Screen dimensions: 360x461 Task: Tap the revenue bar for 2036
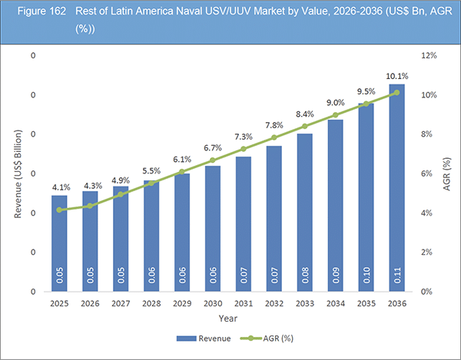396,193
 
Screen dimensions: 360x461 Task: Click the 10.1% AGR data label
397,77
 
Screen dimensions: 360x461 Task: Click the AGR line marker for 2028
151,183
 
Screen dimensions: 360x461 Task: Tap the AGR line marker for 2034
336,115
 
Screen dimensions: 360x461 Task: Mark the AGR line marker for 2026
90,206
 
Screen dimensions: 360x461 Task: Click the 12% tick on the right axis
429,56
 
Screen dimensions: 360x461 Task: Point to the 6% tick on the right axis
427,174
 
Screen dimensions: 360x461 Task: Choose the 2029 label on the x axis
182,305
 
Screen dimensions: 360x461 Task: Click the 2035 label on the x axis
366,305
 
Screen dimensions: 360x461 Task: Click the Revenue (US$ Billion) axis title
17,173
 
